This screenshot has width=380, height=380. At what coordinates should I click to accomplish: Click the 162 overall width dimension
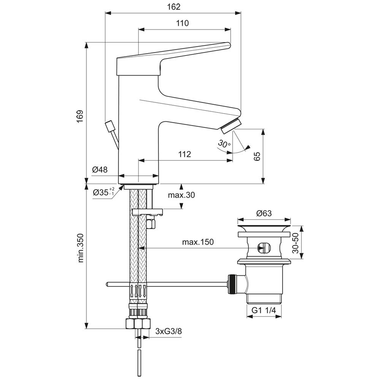tap(174, 7)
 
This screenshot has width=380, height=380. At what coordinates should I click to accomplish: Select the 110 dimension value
tap(182, 23)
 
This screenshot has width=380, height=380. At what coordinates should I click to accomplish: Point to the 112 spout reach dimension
tap(185, 154)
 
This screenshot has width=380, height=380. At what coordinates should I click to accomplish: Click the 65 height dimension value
tap(257, 156)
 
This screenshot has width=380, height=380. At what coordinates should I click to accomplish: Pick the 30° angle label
tap(224, 144)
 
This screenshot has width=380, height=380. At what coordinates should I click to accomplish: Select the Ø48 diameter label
tap(100, 169)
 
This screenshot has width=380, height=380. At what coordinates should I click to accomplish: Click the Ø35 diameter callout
tap(103, 192)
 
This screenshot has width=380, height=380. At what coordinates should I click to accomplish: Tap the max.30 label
tap(182, 195)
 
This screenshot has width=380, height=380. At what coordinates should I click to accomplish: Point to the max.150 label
tap(198, 242)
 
